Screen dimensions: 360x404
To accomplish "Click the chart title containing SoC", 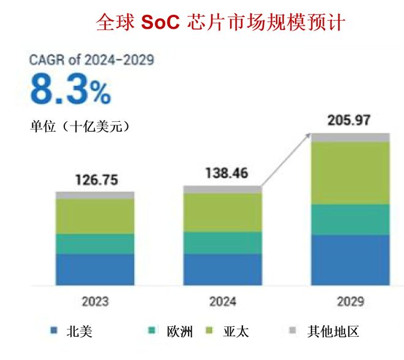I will click(221, 23).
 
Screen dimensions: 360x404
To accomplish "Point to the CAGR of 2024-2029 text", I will click(92, 60).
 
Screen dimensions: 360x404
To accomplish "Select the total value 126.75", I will click(96, 180).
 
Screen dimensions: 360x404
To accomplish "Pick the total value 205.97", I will click(349, 120).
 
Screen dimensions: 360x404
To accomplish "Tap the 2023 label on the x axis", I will click(95, 301).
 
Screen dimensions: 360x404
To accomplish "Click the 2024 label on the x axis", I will click(223, 301).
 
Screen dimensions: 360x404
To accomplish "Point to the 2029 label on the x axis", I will click(350, 301).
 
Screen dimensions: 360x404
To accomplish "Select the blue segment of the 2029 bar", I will click(350, 260).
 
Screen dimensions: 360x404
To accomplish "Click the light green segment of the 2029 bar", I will click(350, 173).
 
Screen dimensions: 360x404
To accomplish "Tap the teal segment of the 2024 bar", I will click(223, 242).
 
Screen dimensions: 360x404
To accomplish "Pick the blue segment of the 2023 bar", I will click(95, 269).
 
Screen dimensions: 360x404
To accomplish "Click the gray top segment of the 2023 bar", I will click(95, 195).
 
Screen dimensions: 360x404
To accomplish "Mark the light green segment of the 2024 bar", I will click(223, 212).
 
